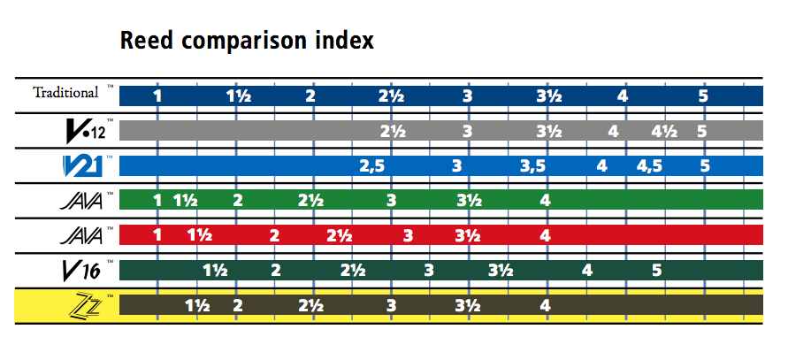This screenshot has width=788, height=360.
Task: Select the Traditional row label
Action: (x=65, y=93)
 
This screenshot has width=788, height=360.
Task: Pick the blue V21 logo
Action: (x=83, y=166)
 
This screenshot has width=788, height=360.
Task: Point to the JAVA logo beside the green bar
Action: (x=80, y=201)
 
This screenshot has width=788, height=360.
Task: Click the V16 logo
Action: (x=82, y=271)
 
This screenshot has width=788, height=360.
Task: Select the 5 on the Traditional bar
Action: (x=703, y=96)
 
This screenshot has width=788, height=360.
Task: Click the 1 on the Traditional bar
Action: (x=157, y=96)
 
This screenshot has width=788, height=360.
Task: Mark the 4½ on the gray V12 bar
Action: (x=664, y=131)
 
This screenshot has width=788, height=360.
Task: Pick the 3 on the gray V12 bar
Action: (x=467, y=131)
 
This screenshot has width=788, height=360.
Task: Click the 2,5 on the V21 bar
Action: (x=371, y=166)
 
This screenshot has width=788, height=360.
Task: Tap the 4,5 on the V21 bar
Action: (x=649, y=166)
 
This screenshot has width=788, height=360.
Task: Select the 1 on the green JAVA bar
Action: (x=157, y=201)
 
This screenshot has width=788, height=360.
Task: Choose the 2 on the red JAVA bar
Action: (x=274, y=235)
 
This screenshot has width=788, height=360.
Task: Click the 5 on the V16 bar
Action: (x=657, y=271)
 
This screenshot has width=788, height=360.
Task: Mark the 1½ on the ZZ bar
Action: (x=197, y=305)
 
